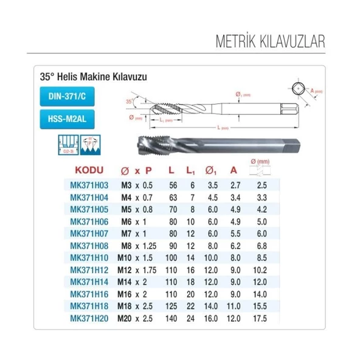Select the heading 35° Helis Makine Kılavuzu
click(x=94, y=78)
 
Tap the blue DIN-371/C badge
click(x=67, y=96)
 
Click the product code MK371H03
click(x=89, y=184)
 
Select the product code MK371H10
click(x=89, y=258)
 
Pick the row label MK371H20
click(x=89, y=317)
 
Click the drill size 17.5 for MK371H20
click(x=260, y=317)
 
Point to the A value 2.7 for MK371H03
click(x=233, y=184)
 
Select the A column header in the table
click(x=233, y=171)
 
